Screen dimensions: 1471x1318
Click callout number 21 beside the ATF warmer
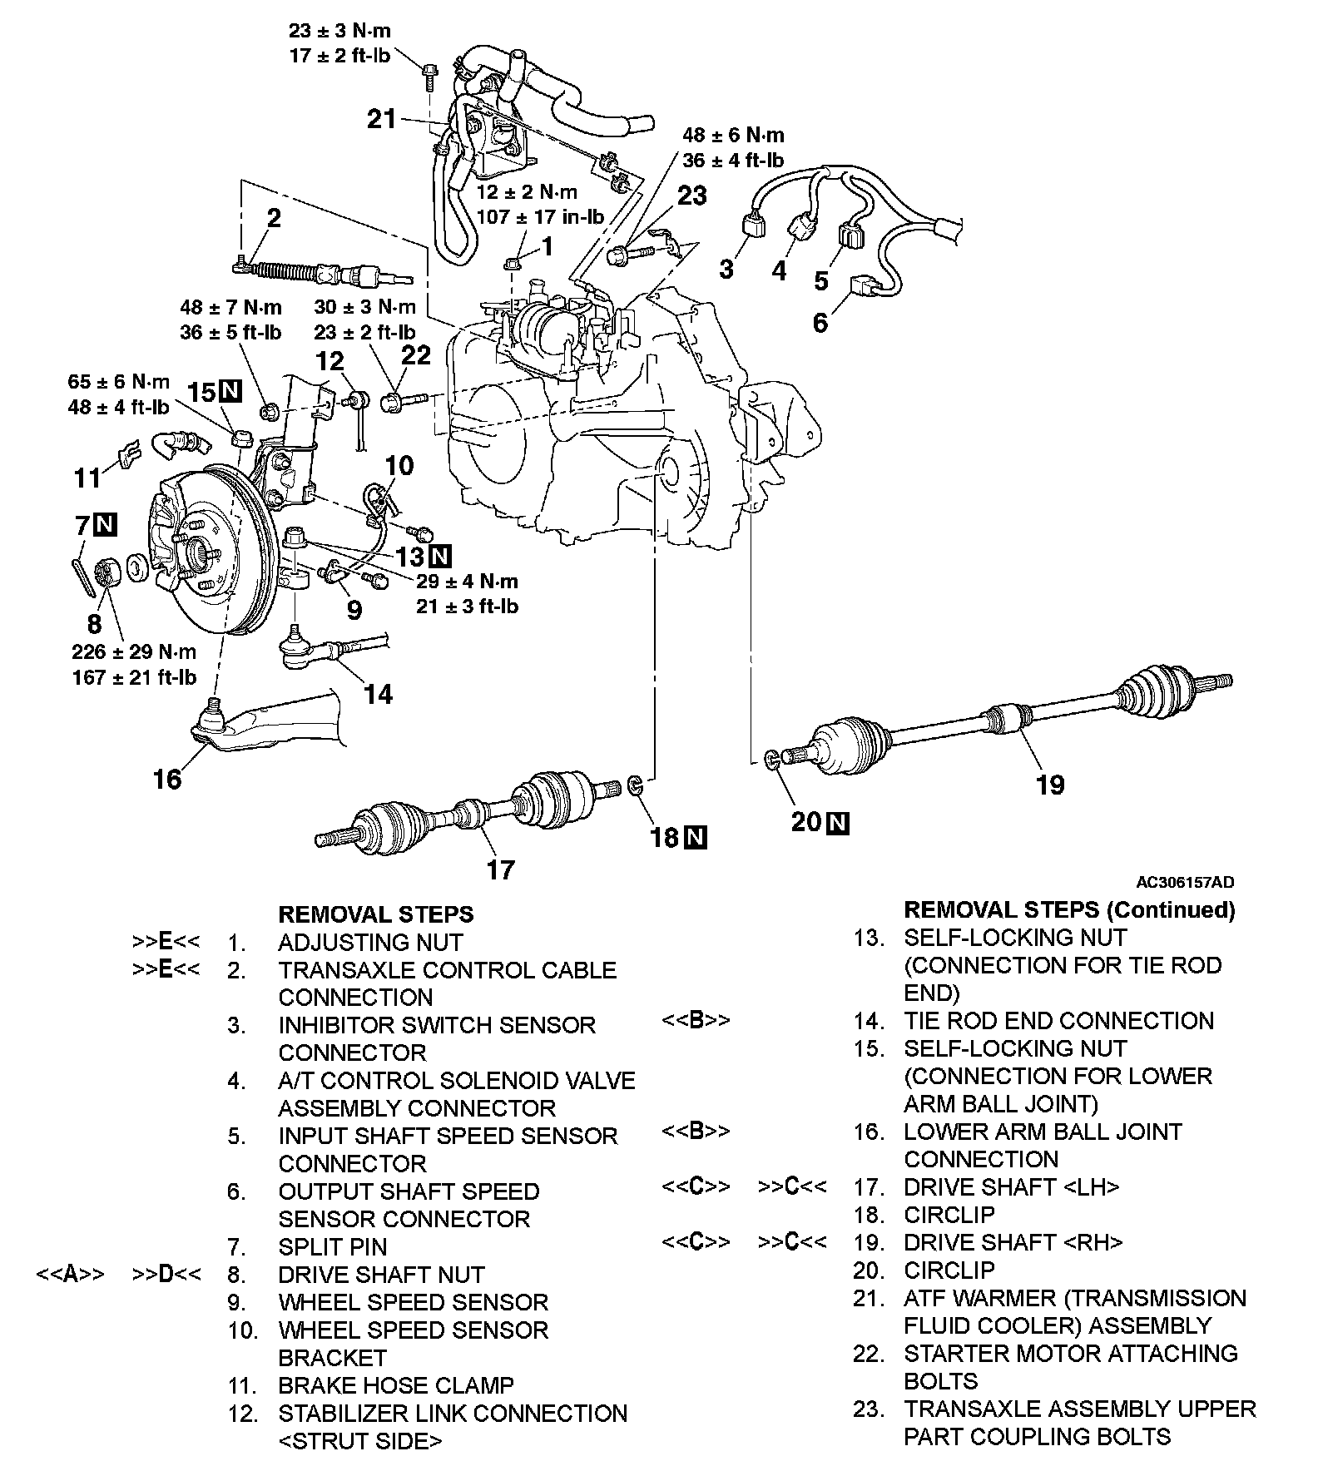[382, 120]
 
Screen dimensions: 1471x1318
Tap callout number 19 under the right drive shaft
[1050, 784]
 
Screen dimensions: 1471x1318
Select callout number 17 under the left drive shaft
[500, 869]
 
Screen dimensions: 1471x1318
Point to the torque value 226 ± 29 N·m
[134, 651]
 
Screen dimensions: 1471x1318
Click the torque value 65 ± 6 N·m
[119, 383]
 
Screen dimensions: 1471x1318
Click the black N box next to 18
[695, 837]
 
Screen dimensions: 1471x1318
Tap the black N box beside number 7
[105, 525]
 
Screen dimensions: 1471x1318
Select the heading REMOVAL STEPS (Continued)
[1069, 910]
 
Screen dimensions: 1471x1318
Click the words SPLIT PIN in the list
[332, 1246]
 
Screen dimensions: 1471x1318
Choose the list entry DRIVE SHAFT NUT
[381, 1274]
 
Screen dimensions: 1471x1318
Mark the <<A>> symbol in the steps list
[70, 1274]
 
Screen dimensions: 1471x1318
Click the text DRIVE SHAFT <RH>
[1013, 1242]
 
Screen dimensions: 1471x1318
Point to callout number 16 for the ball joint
[166, 779]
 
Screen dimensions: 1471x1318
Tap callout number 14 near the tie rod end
[379, 694]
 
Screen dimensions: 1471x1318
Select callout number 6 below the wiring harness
[820, 322]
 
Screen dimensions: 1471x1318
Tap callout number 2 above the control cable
[274, 218]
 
